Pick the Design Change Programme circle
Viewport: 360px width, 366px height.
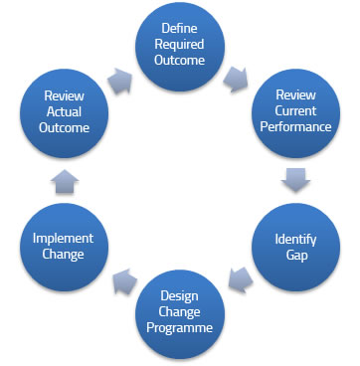point(181,309)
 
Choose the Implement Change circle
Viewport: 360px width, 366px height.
point(63,246)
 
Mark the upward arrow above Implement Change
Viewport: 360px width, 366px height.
point(62,179)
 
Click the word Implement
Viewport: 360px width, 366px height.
point(63,238)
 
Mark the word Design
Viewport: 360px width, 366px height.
point(181,293)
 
